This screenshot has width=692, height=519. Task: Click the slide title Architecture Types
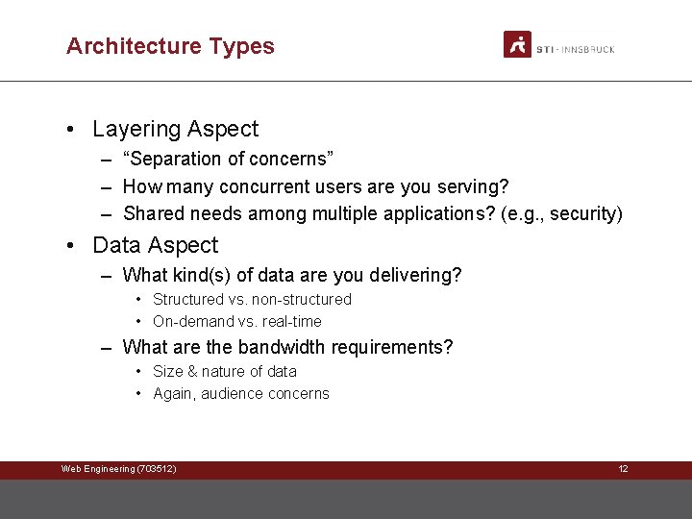(170, 46)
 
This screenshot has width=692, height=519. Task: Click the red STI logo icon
(517, 44)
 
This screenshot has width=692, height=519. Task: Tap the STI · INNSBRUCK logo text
(575, 48)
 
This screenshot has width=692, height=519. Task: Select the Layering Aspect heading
(175, 129)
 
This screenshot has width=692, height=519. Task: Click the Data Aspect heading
(155, 245)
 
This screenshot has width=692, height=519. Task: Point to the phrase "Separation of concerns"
(228, 159)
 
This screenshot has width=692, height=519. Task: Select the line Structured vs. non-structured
(252, 300)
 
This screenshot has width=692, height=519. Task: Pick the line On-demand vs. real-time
(236, 322)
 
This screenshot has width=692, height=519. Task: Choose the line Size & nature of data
(224, 372)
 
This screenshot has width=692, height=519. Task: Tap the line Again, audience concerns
(240, 394)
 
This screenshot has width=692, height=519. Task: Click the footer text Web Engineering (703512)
(118, 469)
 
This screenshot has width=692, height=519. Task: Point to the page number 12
(623, 469)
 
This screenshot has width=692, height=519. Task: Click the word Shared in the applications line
(152, 213)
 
